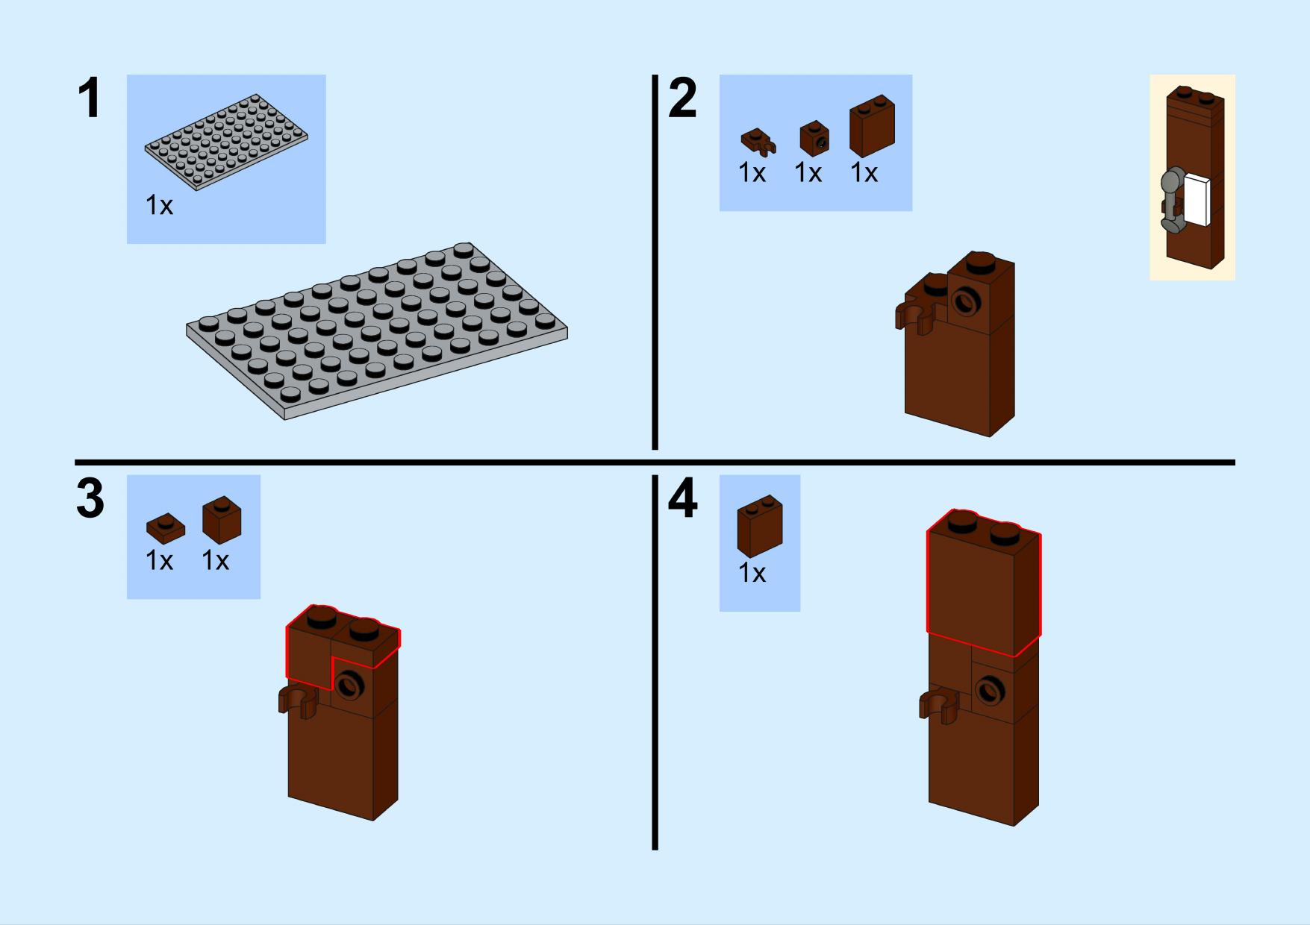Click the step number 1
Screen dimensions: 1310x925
(x=90, y=98)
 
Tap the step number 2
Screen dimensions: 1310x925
(x=683, y=98)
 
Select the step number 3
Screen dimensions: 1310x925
(x=90, y=498)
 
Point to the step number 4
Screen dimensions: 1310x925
(x=683, y=498)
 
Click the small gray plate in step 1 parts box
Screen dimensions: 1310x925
(x=226, y=142)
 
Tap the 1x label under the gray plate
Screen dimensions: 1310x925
(x=159, y=205)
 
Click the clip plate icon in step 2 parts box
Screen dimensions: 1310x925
(x=758, y=141)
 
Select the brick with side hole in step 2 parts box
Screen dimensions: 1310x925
(x=814, y=137)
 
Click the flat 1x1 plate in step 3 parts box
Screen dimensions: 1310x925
(x=166, y=527)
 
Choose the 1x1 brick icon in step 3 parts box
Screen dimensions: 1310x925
(x=222, y=519)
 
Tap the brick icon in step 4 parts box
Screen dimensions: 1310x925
(x=760, y=526)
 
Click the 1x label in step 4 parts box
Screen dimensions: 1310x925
(x=752, y=573)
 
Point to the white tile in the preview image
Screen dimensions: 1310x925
(x=1197, y=199)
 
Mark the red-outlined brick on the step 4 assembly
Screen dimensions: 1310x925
(x=984, y=583)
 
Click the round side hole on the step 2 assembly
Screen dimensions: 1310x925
(x=964, y=301)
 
